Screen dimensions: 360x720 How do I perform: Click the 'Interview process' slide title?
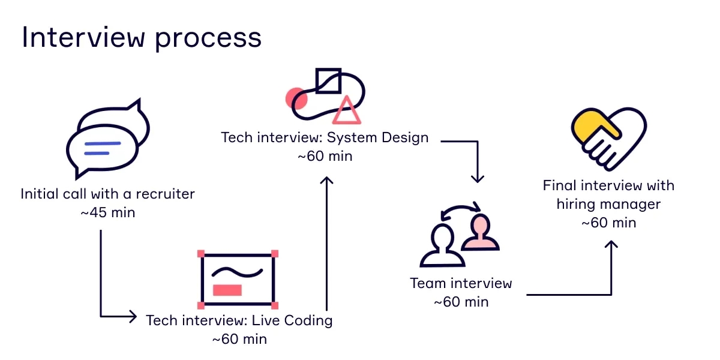pos(142,38)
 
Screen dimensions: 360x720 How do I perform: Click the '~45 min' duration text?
pos(107,212)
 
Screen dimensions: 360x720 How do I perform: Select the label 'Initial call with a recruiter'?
pos(107,194)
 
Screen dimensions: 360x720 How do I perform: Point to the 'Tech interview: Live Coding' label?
pos(239,320)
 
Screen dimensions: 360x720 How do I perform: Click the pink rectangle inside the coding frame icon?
pos(227,290)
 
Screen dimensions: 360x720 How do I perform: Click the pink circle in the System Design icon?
pos(295,98)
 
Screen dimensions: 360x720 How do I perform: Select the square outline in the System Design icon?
pos(328,81)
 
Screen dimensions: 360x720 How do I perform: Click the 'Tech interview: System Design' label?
pos(325,137)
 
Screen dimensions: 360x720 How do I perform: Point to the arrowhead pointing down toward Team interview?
pos(477,178)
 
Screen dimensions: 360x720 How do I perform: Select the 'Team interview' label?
pos(461,283)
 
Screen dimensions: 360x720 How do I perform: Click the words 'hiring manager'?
pos(608,204)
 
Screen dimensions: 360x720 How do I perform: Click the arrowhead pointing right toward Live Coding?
pos(133,316)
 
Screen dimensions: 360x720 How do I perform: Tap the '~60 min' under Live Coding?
pos(239,339)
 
